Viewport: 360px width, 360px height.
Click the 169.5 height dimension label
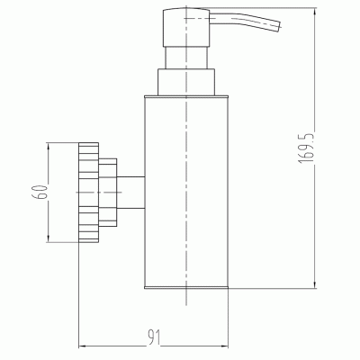(307, 148)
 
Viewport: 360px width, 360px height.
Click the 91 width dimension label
(154, 337)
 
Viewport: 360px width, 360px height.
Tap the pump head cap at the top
(186, 27)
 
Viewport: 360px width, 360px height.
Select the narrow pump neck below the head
(186, 58)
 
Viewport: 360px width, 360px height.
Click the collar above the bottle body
(186, 83)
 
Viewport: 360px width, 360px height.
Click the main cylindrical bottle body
(186, 192)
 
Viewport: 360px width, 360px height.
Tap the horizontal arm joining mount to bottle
(130, 193)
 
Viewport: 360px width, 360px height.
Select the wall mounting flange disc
(88, 193)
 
